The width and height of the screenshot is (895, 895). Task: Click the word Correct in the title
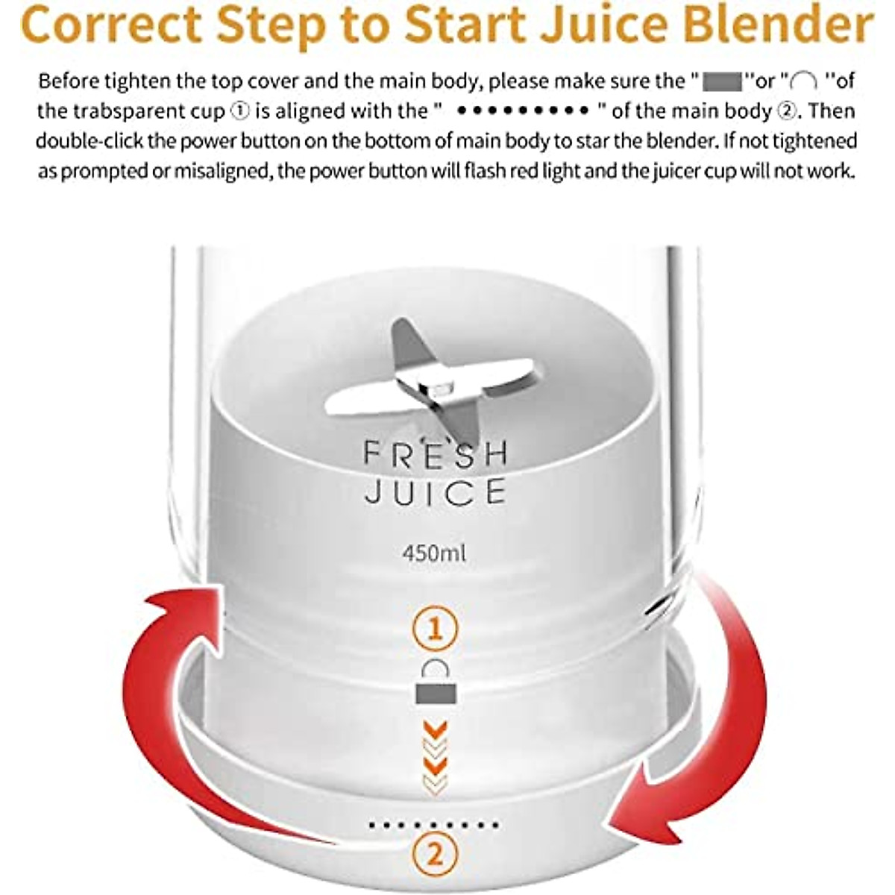point(109,24)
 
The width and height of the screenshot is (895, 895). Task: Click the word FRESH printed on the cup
point(436,454)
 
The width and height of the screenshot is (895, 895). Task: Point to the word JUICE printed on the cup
point(436,492)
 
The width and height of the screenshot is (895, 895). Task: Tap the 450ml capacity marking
point(434,553)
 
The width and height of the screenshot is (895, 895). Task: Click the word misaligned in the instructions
point(216,172)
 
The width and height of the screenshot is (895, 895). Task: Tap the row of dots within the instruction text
point(522,112)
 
